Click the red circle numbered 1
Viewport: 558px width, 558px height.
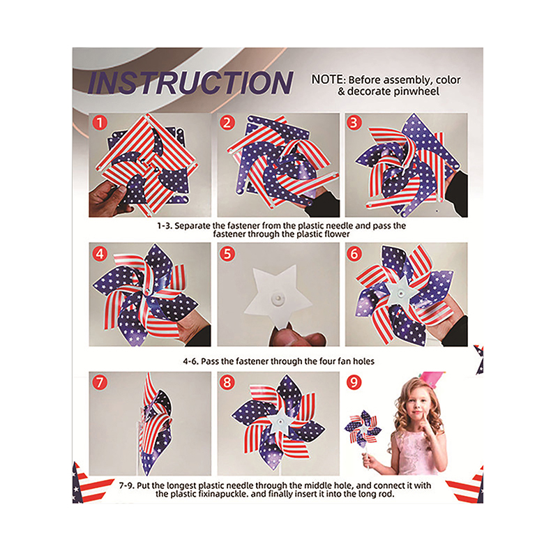tap(100, 123)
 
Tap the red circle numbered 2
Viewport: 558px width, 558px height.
tap(227, 123)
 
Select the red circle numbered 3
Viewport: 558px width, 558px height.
tap(354, 123)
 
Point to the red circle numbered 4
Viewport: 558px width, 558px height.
tap(100, 254)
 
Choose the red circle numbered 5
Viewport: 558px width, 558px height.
tap(227, 254)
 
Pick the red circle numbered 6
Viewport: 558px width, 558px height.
tap(354, 254)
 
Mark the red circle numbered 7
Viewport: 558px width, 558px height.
tap(100, 382)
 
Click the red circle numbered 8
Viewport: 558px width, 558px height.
tap(227, 382)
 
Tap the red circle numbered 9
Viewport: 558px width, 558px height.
tap(354, 382)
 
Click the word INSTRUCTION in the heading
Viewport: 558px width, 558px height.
tap(190, 83)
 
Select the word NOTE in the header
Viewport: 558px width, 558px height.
tap(327, 80)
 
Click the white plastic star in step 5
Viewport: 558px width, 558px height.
tap(278, 297)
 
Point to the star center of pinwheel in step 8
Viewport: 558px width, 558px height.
tap(281, 422)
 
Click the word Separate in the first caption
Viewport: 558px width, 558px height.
tap(193, 225)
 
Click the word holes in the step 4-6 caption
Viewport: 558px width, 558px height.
tap(363, 361)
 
